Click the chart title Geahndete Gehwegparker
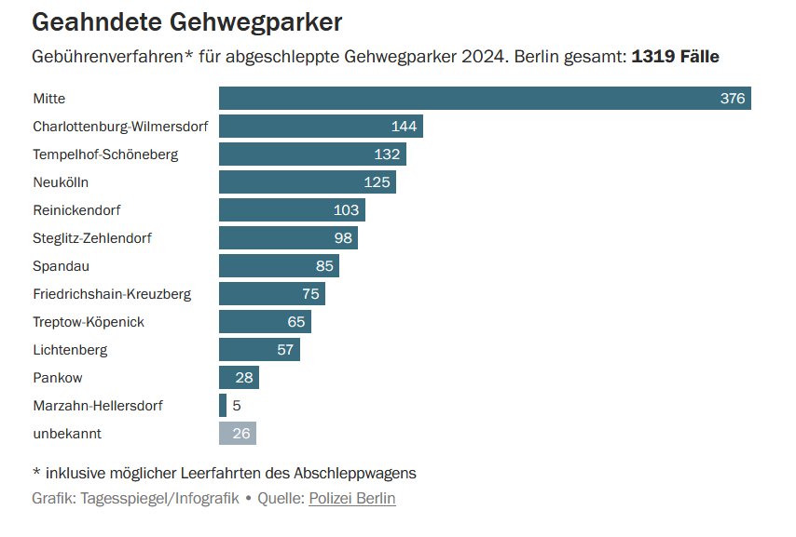click(186, 21)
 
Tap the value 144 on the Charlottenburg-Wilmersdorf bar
click(404, 127)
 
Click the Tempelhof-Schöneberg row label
click(105, 154)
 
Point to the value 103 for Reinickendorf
click(346, 210)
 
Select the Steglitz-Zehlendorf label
click(92, 238)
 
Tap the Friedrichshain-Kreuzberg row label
click(112, 294)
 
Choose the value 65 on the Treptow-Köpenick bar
click(296, 322)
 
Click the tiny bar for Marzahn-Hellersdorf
click(223, 406)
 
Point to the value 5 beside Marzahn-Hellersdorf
click(237, 406)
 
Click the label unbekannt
click(67, 434)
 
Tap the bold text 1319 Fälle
click(675, 56)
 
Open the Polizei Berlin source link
click(352, 499)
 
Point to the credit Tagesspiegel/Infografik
click(160, 499)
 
